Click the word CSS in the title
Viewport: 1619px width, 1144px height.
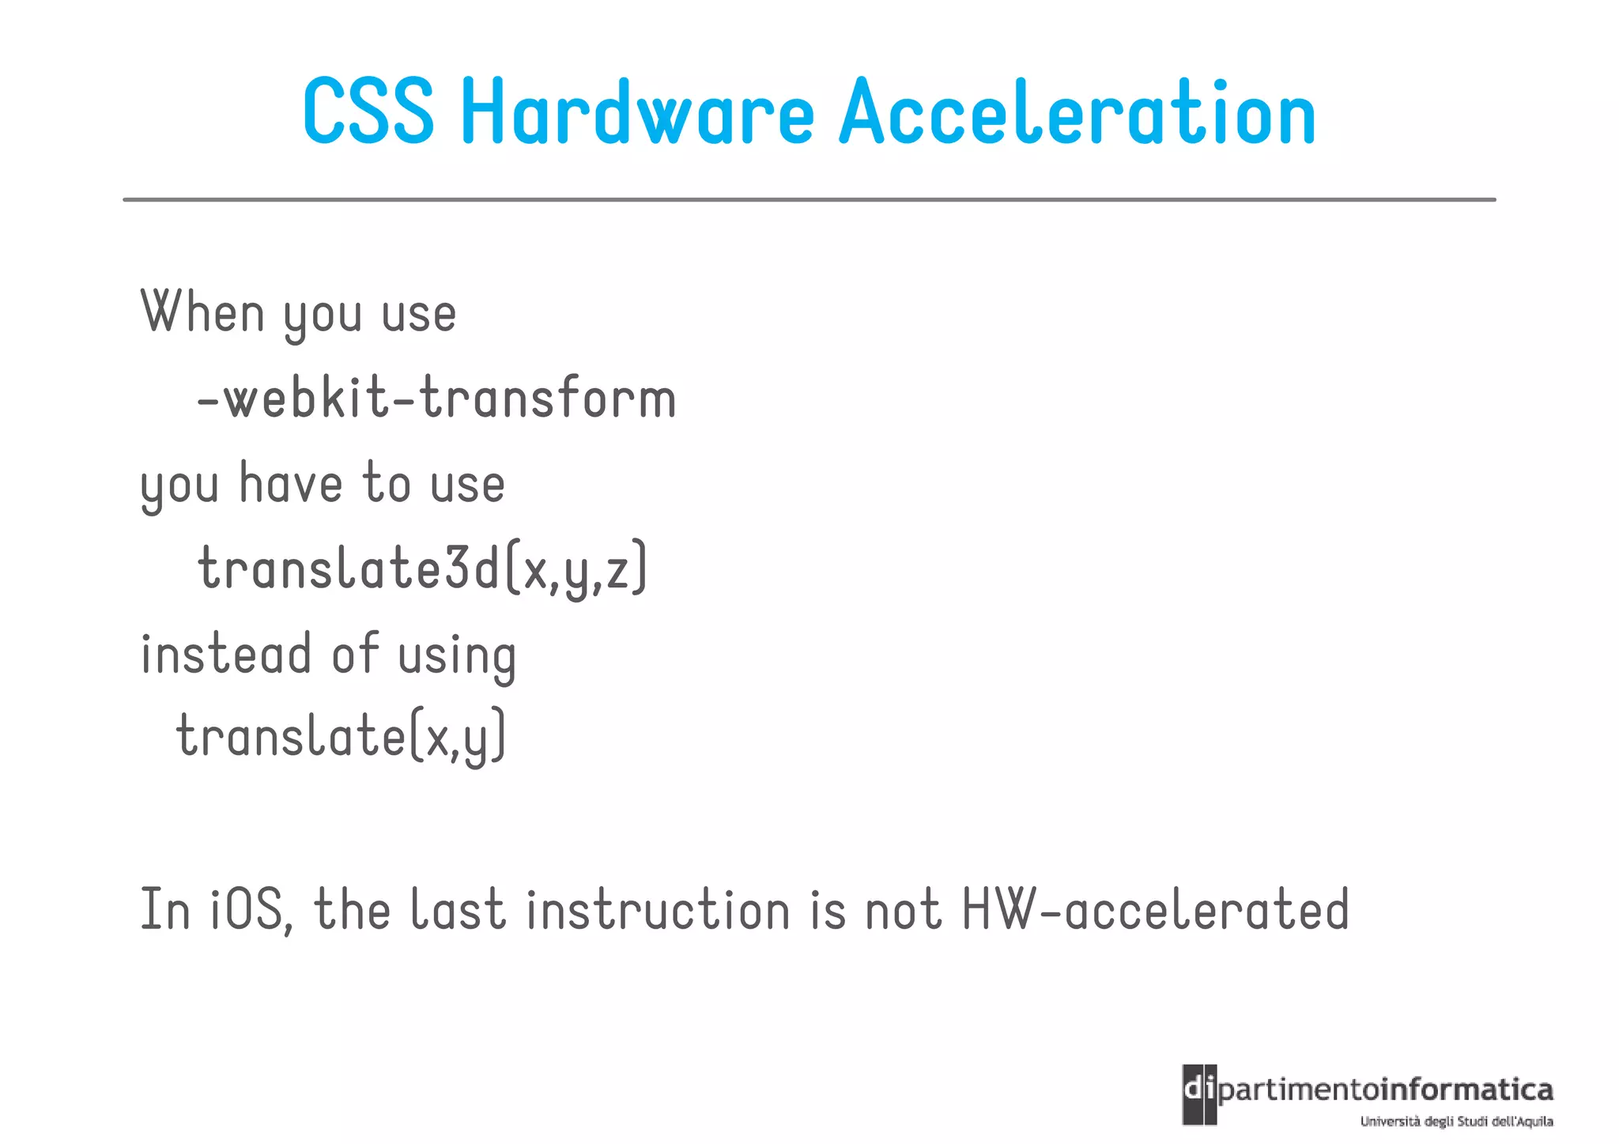368,112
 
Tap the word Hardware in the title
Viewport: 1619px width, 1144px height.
637,112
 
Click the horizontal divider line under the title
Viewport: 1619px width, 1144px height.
809,200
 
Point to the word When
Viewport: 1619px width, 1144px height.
202,313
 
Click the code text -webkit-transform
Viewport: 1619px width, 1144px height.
436,398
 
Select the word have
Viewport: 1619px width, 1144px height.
291,484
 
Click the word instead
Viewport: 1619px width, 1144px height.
226,655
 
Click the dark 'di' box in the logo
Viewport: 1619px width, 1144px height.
1199,1094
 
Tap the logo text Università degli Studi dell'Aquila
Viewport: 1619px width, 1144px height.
1456,1121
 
